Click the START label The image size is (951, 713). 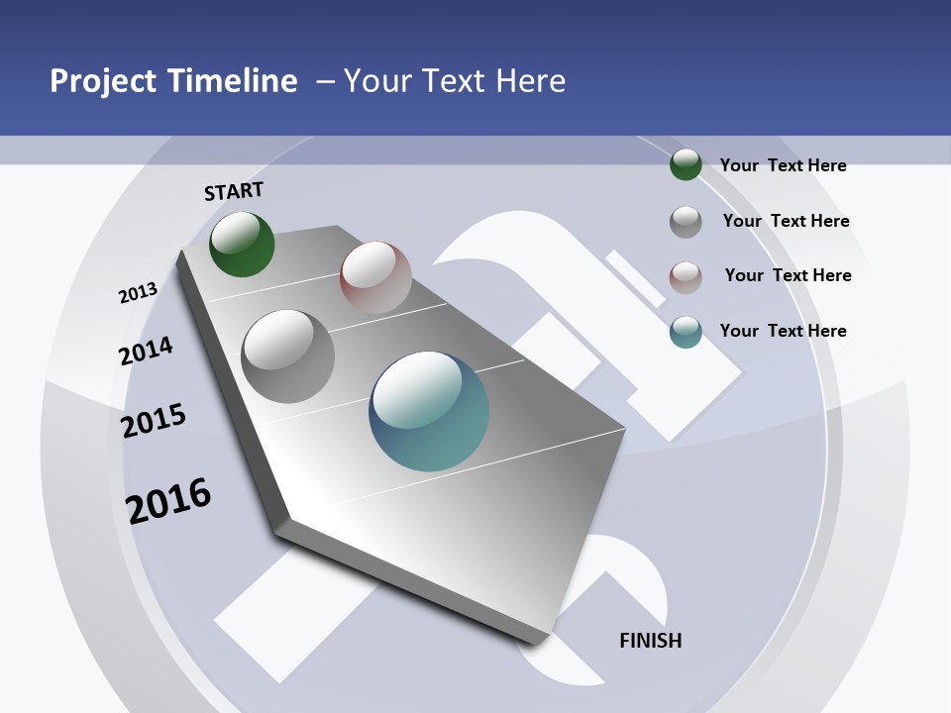click(234, 191)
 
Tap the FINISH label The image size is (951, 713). click(651, 641)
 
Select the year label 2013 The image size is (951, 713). click(139, 292)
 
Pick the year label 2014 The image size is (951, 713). click(147, 352)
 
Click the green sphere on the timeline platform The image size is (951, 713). click(242, 244)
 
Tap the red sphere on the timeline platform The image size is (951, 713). click(375, 276)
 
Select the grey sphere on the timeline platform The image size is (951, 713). click(287, 356)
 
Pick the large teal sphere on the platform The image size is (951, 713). click(429, 411)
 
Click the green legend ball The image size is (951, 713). click(686, 164)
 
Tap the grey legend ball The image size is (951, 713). click(686, 222)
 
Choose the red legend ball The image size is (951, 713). click(686, 277)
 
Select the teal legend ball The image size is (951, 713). click(686, 332)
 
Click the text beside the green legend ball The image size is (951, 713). click(783, 165)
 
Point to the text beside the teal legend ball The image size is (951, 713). click(783, 331)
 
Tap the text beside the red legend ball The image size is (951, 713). click(788, 275)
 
